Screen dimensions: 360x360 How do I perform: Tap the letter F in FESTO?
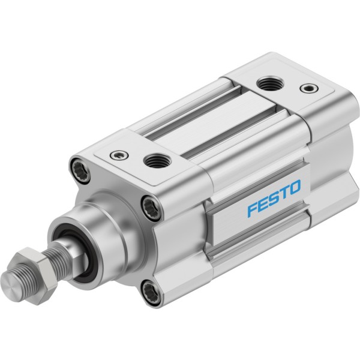(x=253, y=208)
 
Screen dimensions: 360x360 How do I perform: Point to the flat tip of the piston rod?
(x=10, y=286)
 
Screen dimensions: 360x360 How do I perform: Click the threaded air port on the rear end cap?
(x=270, y=84)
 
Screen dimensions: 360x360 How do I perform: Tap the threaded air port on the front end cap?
(x=157, y=161)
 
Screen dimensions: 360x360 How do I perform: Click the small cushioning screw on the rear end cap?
(x=309, y=88)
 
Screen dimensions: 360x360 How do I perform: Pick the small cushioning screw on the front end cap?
(x=119, y=155)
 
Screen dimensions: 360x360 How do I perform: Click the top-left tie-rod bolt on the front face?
(x=80, y=170)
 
